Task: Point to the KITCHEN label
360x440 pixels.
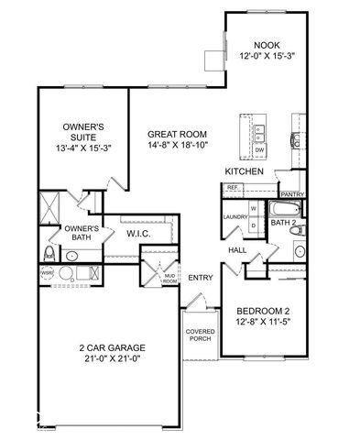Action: [x=245, y=172]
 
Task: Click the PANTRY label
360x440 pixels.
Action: [x=293, y=194]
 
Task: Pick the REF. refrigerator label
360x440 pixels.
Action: [x=233, y=188]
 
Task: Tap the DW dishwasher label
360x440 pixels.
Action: [x=259, y=149]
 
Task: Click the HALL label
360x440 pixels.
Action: [x=237, y=248]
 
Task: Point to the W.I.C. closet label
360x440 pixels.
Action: [x=138, y=234]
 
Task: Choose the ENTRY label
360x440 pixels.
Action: [x=201, y=278]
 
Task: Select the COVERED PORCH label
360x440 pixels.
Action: [x=200, y=335]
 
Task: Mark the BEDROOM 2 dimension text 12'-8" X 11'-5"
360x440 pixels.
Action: [x=264, y=321]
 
